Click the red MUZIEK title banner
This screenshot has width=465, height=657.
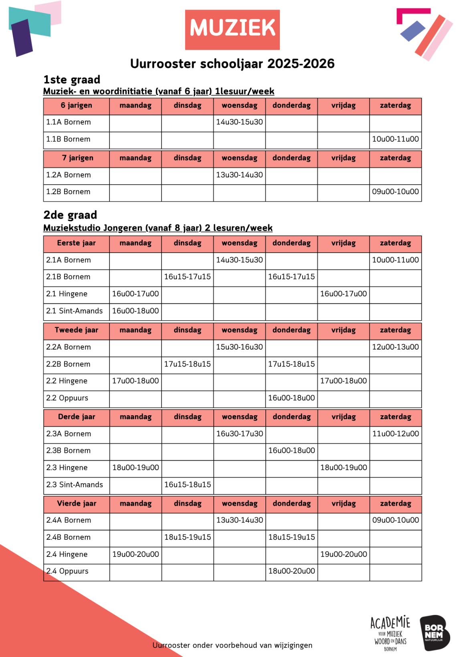click(232, 30)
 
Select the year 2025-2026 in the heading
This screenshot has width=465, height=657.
click(301, 64)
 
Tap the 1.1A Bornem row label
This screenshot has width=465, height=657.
click(69, 122)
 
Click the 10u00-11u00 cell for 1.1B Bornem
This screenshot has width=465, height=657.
click(395, 139)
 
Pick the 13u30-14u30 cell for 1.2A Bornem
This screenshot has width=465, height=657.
click(239, 175)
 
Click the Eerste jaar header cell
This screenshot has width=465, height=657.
click(76, 243)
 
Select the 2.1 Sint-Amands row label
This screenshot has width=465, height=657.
click(75, 311)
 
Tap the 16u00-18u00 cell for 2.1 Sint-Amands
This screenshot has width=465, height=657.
click(135, 311)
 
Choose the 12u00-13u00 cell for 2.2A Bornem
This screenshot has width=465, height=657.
click(395, 347)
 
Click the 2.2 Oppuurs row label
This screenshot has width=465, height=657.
click(67, 398)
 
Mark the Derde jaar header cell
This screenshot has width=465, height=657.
click(77, 417)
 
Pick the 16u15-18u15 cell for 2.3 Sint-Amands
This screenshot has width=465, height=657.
click(188, 484)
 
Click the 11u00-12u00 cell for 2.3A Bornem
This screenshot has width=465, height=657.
click(395, 434)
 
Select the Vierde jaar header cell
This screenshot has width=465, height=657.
click(77, 504)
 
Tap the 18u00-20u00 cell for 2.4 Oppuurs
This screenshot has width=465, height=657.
click(291, 571)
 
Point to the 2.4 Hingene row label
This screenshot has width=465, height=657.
click(67, 555)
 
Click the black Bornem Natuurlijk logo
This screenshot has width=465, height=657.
click(434, 633)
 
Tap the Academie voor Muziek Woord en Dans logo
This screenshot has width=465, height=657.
click(390, 633)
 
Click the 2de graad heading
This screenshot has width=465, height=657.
click(70, 215)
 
